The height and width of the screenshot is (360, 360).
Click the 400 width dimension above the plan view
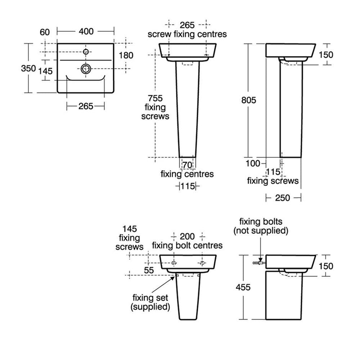(86, 31)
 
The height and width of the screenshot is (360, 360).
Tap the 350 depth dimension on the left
(28, 68)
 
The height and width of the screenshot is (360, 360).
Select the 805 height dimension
(249, 100)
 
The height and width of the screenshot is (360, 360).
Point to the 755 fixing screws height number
(155, 98)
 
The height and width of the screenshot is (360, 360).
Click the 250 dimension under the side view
(283, 198)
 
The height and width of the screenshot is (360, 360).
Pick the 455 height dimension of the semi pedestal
(243, 287)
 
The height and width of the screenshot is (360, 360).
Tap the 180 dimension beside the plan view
(126, 55)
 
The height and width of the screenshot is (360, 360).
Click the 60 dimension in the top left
(45, 32)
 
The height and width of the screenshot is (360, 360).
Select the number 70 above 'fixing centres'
(187, 165)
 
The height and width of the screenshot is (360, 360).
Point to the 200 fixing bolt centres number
(187, 237)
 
